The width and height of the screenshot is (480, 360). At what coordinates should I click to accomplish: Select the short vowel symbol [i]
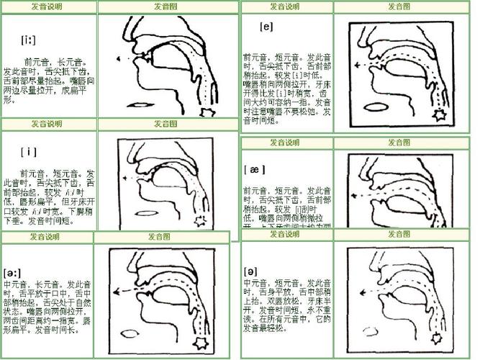[x=30, y=151]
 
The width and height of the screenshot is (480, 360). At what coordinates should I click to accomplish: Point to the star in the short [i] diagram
[x=211, y=219]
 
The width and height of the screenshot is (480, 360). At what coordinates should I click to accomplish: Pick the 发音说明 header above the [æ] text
[x=284, y=143]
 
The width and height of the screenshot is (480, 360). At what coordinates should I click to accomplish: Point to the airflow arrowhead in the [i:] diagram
[x=117, y=58]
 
